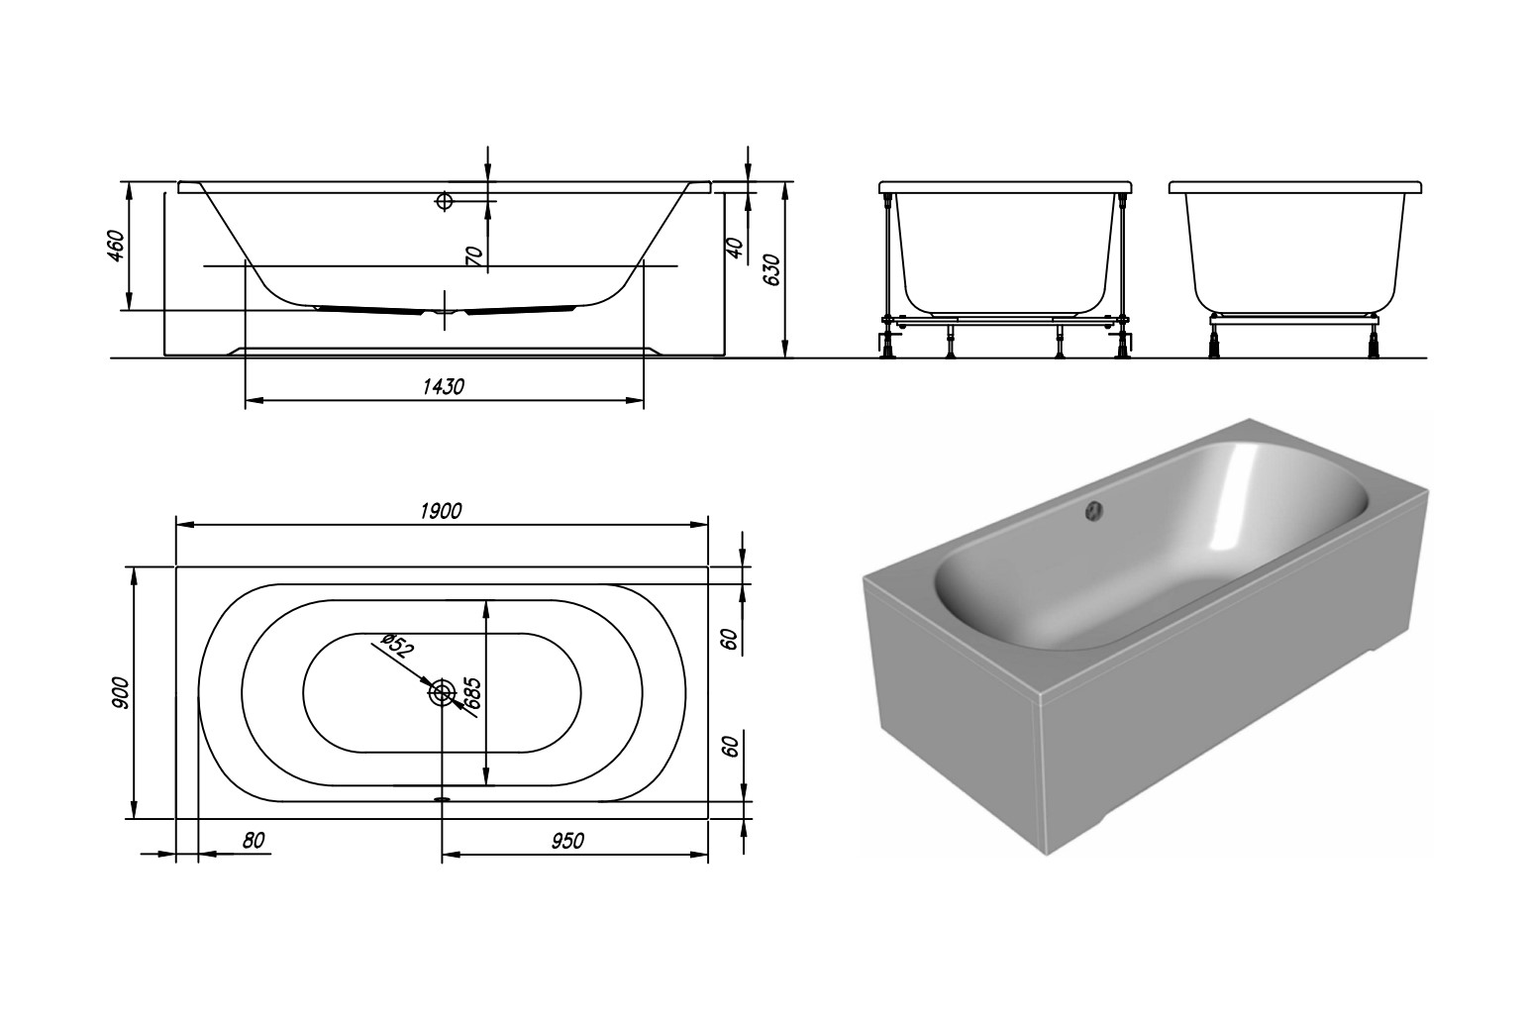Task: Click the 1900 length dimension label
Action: point(441,511)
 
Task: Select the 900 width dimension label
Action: point(121,693)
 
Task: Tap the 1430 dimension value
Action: point(443,387)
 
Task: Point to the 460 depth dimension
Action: point(116,246)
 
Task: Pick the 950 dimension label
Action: point(567,841)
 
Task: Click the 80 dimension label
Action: point(254,840)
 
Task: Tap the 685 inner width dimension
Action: point(473,693)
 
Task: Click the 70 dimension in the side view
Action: point(475,255)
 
